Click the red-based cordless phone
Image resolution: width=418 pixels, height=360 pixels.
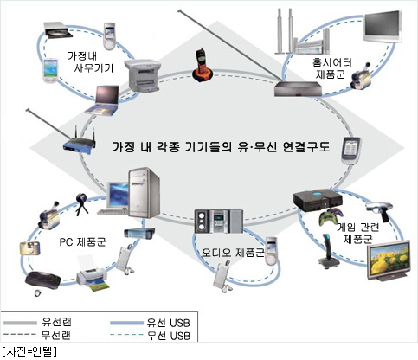coord(203,66)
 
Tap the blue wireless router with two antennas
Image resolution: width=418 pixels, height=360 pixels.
coord(80,141)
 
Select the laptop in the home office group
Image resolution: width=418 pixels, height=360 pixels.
coord(103,100)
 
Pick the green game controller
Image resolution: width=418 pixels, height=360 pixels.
coord(331,215)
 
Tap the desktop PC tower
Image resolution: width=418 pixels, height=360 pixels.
coord(144,192)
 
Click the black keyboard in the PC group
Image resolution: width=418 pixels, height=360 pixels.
coord(42,280)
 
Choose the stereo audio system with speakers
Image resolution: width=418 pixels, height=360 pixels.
coord(218,222)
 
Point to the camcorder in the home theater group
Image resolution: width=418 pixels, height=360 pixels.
coord(360,75)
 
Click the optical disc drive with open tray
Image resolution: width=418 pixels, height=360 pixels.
coord(58,30)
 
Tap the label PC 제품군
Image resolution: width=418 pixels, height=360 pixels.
coord(82,241)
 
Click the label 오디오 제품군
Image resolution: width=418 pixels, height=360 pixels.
coord(233,253)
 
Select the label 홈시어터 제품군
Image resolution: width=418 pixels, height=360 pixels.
coord(332,68)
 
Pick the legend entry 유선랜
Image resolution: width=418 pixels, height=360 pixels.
coord(56,322)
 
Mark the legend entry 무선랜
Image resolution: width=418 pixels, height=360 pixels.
coord(56,335)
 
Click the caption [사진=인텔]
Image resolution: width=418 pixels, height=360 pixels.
coord(29,351)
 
